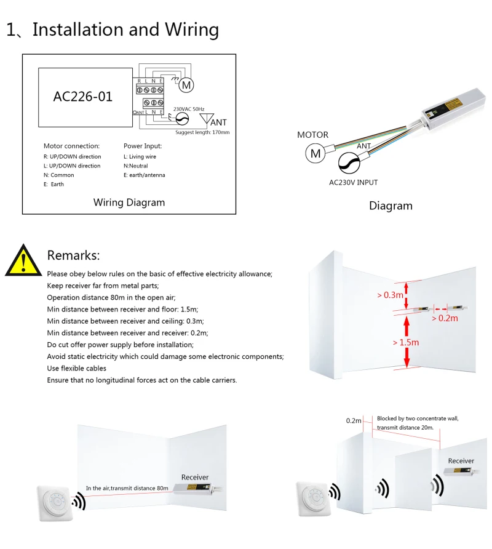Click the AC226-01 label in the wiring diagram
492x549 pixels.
point(83,96)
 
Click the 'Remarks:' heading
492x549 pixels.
point(73,255)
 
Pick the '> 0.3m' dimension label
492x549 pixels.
point(391,295)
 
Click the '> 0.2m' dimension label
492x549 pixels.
point(445,318)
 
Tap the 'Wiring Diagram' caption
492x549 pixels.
point(129,202)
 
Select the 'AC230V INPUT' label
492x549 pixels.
point(354,182)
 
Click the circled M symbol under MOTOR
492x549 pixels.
point(315,153)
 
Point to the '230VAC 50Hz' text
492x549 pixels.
point(192,109)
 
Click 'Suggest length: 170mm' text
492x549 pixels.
point(202,132)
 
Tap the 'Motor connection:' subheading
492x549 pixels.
point(71,146)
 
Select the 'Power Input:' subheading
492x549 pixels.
point(143,146)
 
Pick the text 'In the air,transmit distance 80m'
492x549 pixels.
point(127,488)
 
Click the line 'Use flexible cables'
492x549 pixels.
point(77,368)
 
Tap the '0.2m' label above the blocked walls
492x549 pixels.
point(354,420)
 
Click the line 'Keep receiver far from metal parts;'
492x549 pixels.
point(103,286)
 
